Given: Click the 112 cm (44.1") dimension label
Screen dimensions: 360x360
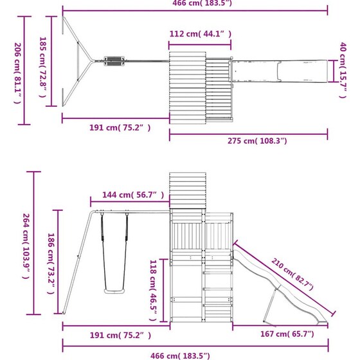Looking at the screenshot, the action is click(201, 34).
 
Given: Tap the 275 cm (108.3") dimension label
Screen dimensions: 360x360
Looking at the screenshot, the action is click(257, 141).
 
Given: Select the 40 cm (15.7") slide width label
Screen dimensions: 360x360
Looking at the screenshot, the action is click(343, 70).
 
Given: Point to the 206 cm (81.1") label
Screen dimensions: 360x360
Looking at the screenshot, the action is click(18, 73).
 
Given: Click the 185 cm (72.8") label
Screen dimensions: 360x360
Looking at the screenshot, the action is click(43, 67).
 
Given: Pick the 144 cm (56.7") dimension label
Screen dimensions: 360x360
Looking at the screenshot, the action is click(133, 195).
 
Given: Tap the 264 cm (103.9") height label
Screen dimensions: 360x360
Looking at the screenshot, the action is click(26, 246).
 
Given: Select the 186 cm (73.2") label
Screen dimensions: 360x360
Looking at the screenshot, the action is click(51, 264).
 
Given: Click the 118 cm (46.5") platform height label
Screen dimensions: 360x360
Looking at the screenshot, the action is click(153, 290).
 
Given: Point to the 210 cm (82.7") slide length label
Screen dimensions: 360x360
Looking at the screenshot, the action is click(292, 274).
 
